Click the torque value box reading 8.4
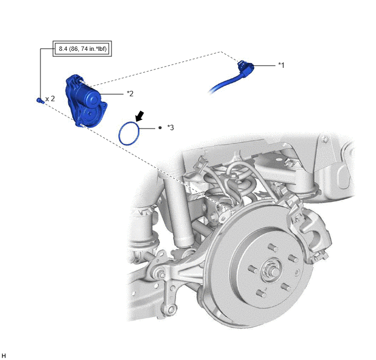[82, 49]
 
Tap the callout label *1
[281, 65]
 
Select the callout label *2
[130, 94]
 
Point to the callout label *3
[171, 127]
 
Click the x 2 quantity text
[50, 98]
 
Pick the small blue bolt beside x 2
[40, 101]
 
